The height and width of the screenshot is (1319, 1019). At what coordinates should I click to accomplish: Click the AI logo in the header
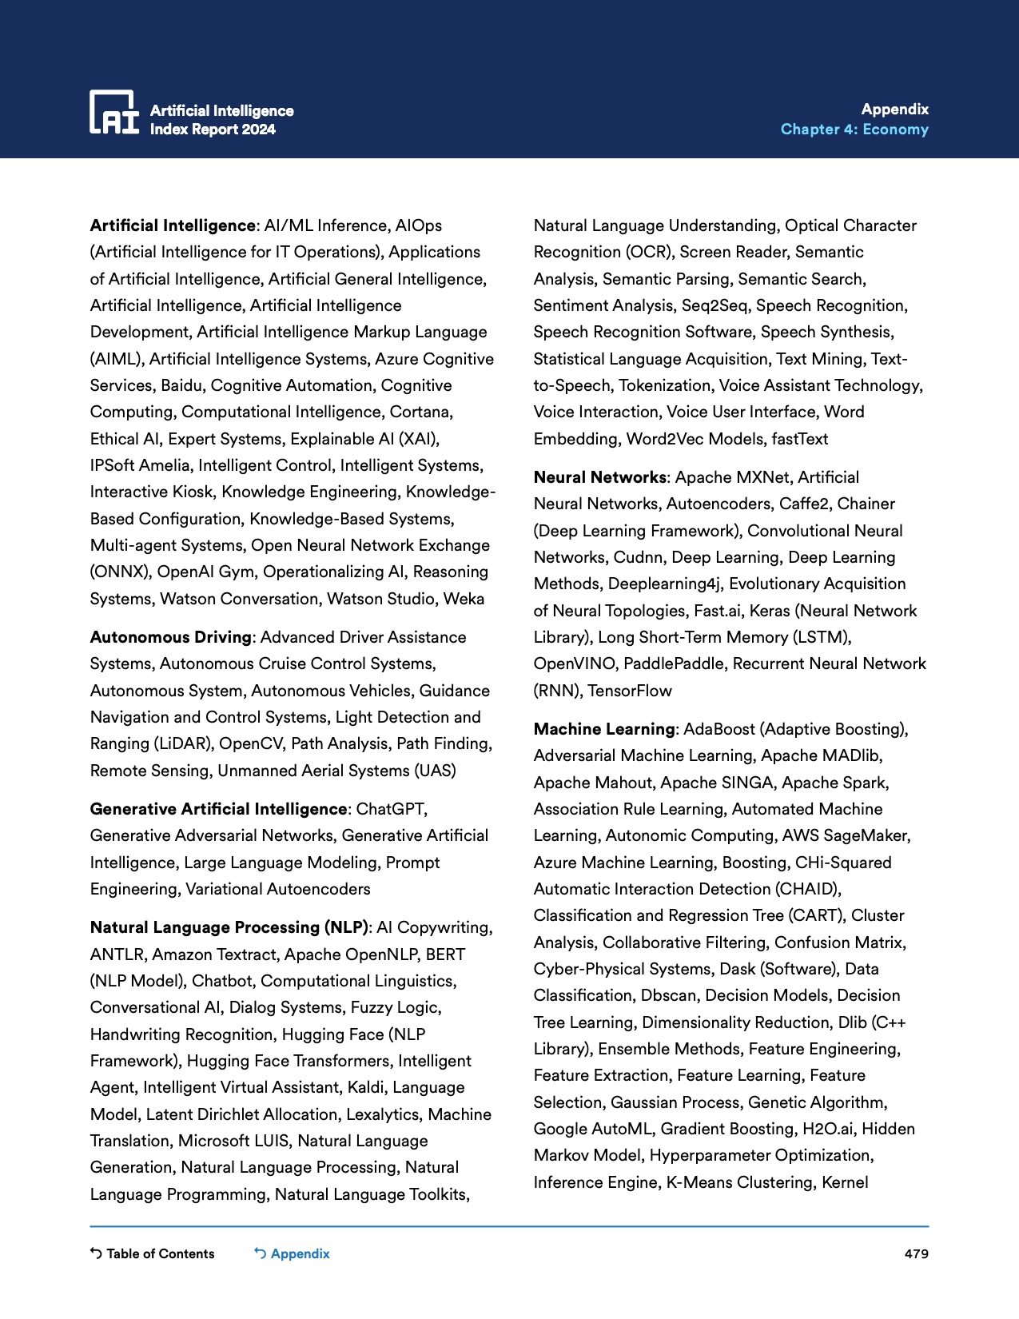[x=113, y=112]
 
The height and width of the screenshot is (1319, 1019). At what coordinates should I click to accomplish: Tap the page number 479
[x=916, y=1253]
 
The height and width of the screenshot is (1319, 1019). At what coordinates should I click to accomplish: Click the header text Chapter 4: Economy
[x=854, y=130]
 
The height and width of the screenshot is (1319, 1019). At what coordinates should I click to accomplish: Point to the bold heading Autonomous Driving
[x=171, y=637]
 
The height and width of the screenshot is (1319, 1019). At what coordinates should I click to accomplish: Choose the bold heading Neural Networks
[x=599, y=477]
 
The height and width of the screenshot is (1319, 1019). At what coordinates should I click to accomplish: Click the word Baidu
[x=181, y=385]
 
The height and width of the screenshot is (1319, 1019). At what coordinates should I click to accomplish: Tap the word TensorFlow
[x=630, y=691]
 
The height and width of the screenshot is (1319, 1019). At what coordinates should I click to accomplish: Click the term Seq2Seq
[x=714, y=305]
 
